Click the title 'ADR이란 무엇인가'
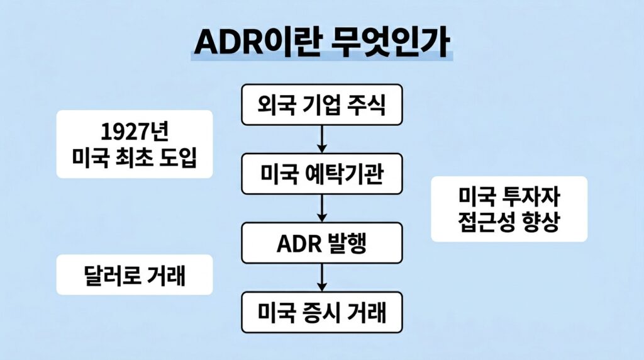[x=321, y=42]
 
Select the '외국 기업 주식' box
[x=321, y=104]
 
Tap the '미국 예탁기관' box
[x=321, y=173]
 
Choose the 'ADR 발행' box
[x=321, y=242]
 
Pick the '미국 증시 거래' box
[x=321, y=312]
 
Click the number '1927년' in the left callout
[x=135, y=132]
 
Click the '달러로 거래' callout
[x=135, y=274]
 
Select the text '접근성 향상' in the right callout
[x=509, y=222]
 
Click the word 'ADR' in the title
[x=228, y=43]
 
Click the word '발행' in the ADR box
[x=347, y=242]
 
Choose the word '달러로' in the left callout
[x=111, y=274]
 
